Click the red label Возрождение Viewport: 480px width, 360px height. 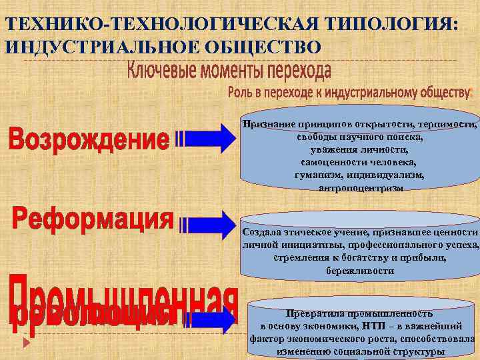click(89, 140)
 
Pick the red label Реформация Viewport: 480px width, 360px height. click(93, 220)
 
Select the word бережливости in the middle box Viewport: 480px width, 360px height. click(360, 271)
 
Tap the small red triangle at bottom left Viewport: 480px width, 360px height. click(27, 345)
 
